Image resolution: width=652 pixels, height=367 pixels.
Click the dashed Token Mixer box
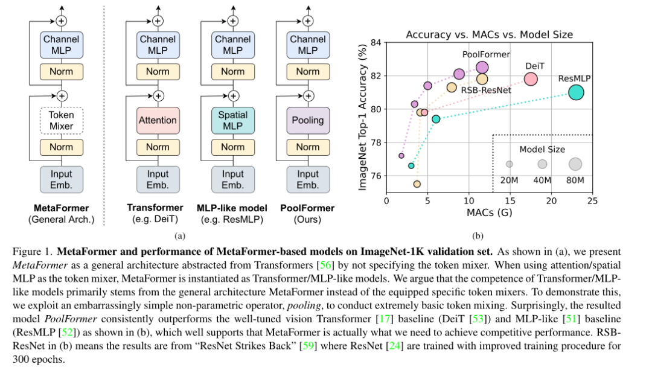tap(61, 120)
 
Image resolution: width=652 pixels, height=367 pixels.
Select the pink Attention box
tap(158, 120)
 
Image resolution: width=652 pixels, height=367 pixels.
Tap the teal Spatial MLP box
tap(232, 120)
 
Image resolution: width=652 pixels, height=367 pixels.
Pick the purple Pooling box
tap(307, 120)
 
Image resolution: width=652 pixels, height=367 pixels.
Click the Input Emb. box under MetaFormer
tap(61, 179)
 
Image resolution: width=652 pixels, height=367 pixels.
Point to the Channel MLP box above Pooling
tap(307, 45)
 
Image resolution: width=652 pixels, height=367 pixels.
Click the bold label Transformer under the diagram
tap(155, 208)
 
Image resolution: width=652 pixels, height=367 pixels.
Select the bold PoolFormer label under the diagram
tap(307, 208)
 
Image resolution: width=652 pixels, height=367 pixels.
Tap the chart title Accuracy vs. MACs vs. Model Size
tap(489, 34)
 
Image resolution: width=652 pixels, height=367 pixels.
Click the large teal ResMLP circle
tap(576, 92)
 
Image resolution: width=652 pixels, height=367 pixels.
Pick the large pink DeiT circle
tap(531, 79)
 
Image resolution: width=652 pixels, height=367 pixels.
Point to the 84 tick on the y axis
tap(376, 42)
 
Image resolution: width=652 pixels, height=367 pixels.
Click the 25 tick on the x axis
tap(592, 200)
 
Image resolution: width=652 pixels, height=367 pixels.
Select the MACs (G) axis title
tap(489, 212)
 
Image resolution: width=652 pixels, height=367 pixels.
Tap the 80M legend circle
tap(575, 164)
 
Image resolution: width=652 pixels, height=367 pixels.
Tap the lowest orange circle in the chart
tap(417, 183)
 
